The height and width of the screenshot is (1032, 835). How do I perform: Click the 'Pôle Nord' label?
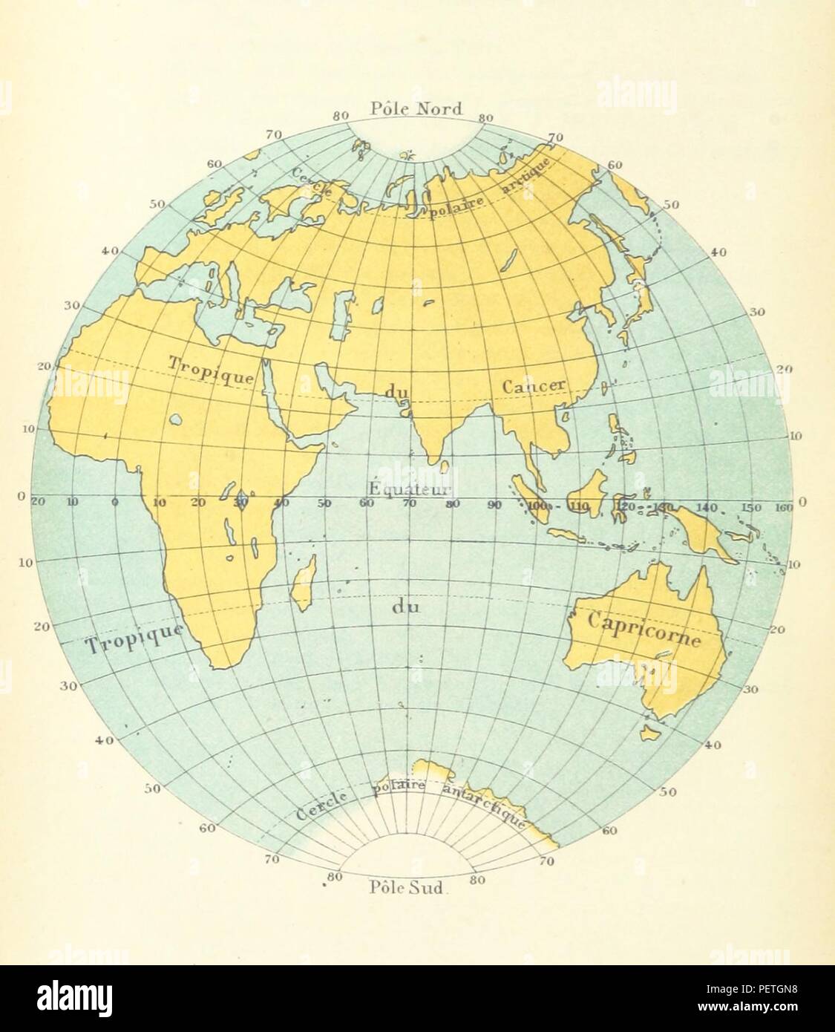[x=416, y=109]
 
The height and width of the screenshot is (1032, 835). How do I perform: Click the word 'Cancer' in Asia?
[x=534, y=386]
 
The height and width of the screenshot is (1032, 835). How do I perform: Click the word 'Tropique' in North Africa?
[x=212, y=369]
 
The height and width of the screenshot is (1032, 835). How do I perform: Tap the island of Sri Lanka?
[x=444, y=466]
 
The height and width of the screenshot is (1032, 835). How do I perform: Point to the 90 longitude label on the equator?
[x=494, y=505]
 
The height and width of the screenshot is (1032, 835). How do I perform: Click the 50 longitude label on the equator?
[x=324, y=503]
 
